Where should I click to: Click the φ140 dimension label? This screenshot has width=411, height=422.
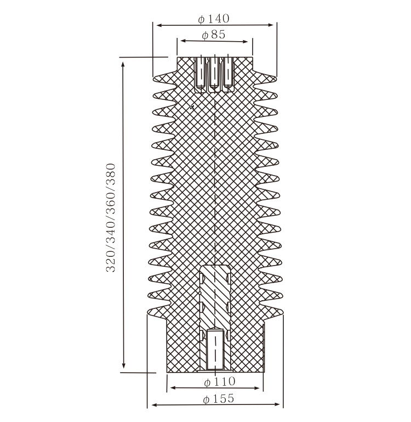[214, 19]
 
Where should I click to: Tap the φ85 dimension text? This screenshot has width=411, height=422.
[214, 35]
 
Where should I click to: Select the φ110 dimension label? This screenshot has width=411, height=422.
[220, 381]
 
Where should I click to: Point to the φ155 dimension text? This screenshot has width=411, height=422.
[219, 398]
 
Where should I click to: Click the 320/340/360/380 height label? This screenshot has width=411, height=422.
[111, 218]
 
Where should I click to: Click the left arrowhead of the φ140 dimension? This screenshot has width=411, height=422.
[159, 25]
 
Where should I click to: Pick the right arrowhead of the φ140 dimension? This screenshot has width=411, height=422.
[271, 25]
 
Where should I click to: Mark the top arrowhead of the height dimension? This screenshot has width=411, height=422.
[123, 65]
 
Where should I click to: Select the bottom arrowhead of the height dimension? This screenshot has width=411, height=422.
[123, 365]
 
